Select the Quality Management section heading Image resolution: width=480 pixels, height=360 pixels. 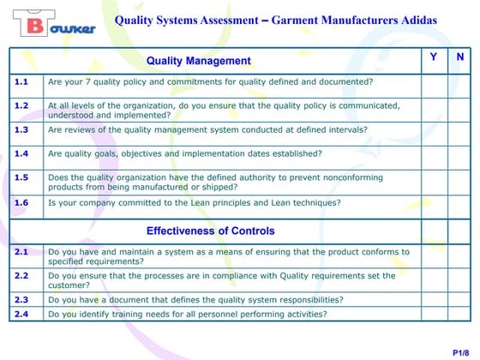point(198,61)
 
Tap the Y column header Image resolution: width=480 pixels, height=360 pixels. point(433,57)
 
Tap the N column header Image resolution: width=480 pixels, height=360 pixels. point(459,57)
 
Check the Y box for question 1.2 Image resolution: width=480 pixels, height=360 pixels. point(434,110)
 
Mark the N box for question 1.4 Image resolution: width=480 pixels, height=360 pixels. point(459,154)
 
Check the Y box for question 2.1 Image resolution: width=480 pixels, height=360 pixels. point(434,256)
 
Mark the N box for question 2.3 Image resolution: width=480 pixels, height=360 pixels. point(459,300)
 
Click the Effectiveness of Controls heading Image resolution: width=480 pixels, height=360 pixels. point(210,231)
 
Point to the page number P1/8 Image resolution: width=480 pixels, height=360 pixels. point(459,352)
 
